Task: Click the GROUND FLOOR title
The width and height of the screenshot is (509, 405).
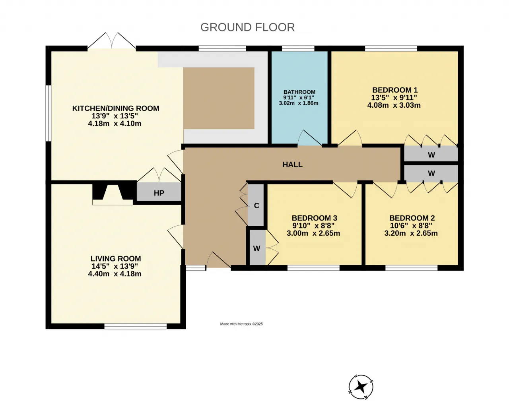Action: coord(247,27)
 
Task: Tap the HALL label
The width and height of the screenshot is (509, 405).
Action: coord(293,164)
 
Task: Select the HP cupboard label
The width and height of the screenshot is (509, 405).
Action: coord(159,193)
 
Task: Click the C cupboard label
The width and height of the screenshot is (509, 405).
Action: coord(256,206)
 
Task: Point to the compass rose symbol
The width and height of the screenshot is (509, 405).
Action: coord(361,387)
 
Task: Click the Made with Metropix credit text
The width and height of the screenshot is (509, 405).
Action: coord(241,324)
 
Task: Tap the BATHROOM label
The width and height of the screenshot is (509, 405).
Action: coord(299,92)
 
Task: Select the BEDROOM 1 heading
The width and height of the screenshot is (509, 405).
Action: coord(395,90)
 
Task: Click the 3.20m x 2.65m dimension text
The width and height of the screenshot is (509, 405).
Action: coord(411,233)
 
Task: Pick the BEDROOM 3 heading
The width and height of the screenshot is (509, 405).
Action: coord(314,218)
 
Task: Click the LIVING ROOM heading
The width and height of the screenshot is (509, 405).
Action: coord(116,259)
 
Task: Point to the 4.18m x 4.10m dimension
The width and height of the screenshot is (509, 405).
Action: coord(115,124)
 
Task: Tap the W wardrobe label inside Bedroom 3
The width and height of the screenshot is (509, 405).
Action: coord(256,248)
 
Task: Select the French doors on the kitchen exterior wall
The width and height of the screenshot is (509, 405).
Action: coord(112,41)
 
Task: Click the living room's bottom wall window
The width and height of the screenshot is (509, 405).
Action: coord(136,327)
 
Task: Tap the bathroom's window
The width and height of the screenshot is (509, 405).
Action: coord(298,48)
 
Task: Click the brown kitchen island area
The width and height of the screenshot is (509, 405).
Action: coord(219,98)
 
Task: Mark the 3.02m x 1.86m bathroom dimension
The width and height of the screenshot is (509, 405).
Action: coord(299,103)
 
